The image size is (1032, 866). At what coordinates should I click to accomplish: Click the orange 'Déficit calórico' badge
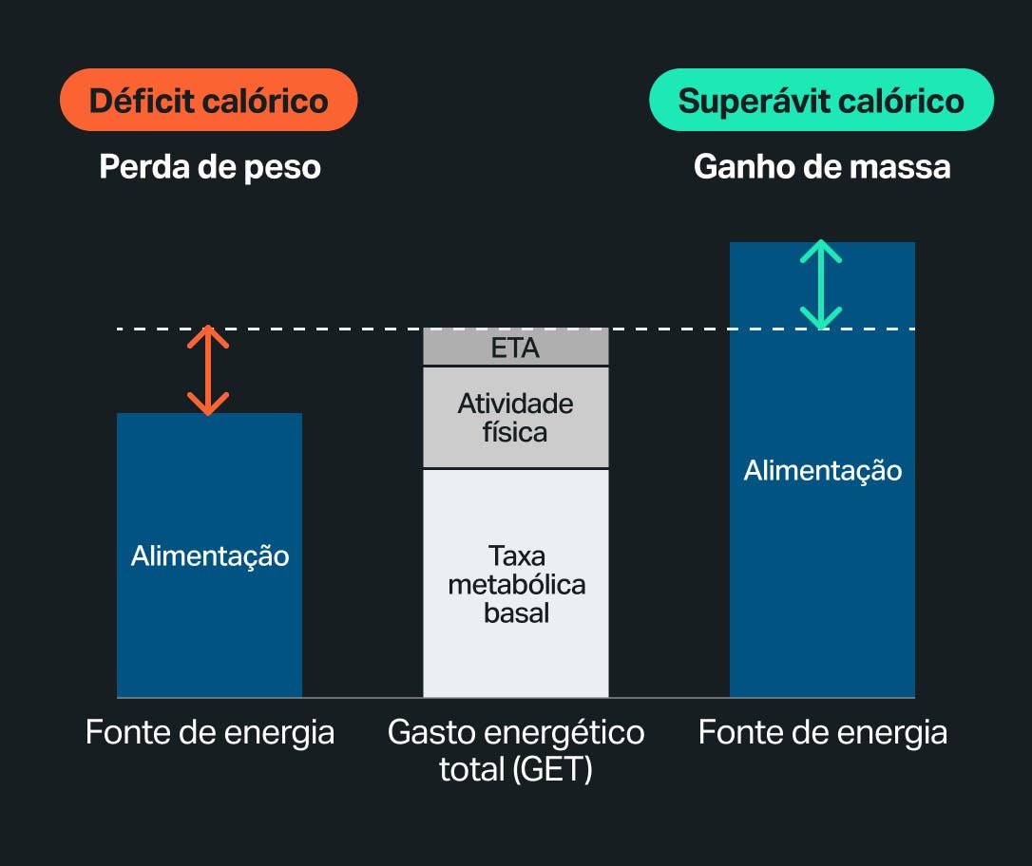tap(208, 101)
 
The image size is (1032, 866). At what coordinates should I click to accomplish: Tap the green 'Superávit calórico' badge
tap(821, 101)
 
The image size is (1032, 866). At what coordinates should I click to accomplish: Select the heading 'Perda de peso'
tap(210, 167)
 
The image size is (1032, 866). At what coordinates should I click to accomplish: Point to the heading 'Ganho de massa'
tap(822, 167)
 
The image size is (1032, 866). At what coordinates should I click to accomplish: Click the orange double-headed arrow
tap(208, 370)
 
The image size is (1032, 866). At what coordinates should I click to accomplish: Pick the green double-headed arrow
tap(820, 285)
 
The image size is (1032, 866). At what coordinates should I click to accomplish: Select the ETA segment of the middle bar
tap(515, 348)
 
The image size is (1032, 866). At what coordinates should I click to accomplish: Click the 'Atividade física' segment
tap(515, 418)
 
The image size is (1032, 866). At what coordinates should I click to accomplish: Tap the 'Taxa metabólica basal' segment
tap(515, 583)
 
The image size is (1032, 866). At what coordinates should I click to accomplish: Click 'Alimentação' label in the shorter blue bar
tap(209, 555)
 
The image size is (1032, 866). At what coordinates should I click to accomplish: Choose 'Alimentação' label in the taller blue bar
tap(822, 470)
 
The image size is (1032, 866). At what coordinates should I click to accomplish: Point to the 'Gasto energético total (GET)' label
tap(515, 750)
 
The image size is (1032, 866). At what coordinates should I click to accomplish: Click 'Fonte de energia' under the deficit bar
tap(209, 733)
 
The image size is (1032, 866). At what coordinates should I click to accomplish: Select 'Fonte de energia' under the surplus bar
tap(822, 733)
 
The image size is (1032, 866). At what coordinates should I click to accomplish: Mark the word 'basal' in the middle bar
tap(516, 613)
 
